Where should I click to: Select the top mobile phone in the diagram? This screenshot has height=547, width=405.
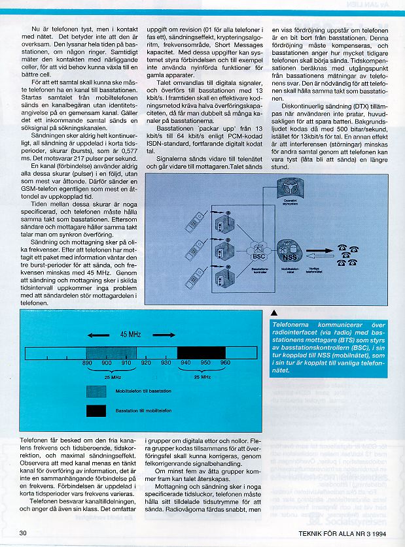click(194, 223)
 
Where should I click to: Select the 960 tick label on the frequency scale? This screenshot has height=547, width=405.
click(225, 362)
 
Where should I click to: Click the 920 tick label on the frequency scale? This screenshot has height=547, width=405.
click(146, 362)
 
